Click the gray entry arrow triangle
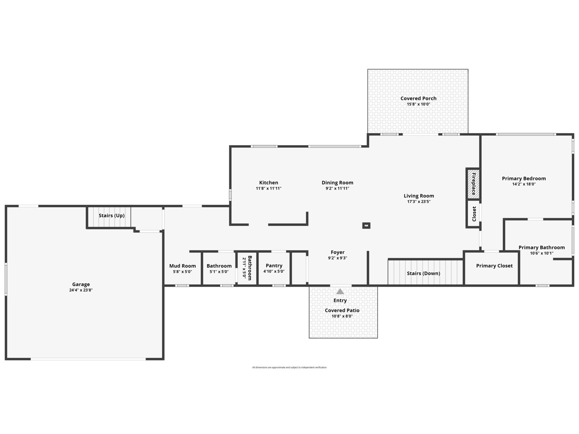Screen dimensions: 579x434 340,292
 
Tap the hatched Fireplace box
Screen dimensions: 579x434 473,184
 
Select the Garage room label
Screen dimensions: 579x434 81,284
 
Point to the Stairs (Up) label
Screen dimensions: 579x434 111,216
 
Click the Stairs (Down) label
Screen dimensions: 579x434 423,273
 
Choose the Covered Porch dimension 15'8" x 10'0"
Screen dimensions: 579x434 418,104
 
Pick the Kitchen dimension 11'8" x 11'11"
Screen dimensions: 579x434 269,188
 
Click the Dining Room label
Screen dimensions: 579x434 337,183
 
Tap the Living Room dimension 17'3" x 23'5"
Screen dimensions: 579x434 419,201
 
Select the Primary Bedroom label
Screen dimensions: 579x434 524,178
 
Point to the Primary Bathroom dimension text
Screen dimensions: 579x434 542,253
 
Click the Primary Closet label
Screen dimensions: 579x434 494,266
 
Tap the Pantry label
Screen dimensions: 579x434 274,265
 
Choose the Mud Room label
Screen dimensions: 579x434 182,266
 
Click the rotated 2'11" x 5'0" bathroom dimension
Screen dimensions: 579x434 244,268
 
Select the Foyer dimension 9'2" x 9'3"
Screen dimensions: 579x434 338,258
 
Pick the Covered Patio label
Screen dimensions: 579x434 342,310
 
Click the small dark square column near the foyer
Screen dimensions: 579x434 366,226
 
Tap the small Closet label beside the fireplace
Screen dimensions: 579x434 474,214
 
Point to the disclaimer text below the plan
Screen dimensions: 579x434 289,367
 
